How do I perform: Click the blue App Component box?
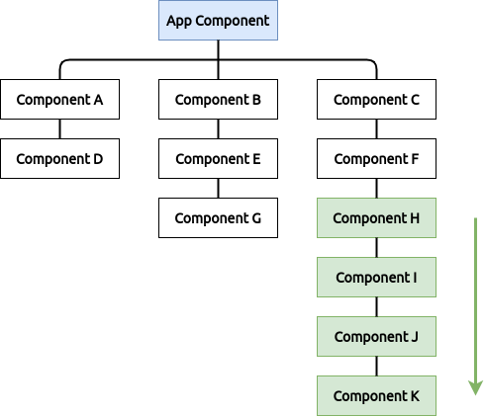pos(218,21)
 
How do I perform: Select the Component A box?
pos(59,100)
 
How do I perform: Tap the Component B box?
pos(218,100)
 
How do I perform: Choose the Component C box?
pos(376,100)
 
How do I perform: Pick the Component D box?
pos(59,159)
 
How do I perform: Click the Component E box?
pos(218,159)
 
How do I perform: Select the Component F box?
pos(376,159)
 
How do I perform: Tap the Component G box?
pos(218,218)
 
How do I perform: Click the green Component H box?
pos(376,218)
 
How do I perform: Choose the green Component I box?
pos(376,278)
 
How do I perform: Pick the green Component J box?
pos(376,337)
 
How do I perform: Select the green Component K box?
pos(376,396)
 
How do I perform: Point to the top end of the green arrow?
pos(476,218)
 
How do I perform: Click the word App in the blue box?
pos(179,21)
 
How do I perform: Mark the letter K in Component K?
pos(415,396)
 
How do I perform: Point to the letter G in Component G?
pos(256,218)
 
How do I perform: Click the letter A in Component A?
pos(98,100)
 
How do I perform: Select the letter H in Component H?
pos(415,218)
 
